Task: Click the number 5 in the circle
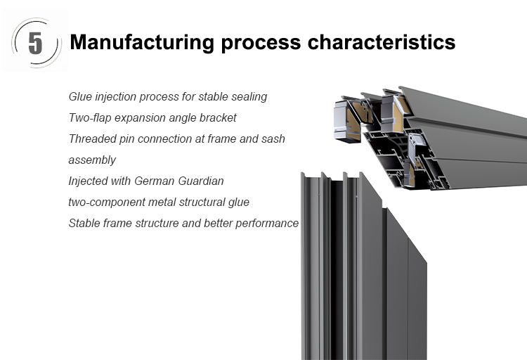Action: coord(35,43)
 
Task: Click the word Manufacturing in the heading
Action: coord(142,43)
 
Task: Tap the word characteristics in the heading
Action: coord(382,42)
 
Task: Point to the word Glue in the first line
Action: coord(80,96)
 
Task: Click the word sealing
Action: coord(249,97)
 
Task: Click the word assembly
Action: coord(92,160)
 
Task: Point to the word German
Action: coord(155,181)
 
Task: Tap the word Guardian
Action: coord(201,181)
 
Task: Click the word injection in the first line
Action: coord(116,97)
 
